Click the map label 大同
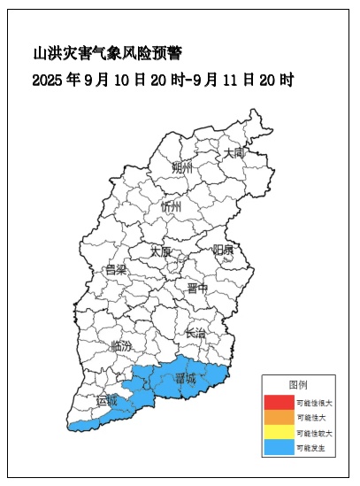tap(234, 152)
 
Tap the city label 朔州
tap(181, 168)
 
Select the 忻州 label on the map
tap(171, 206)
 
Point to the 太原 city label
tap(160, 251)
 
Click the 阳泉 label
tap(223, 251)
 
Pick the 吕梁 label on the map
tap(116, 270)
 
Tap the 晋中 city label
tap(197, 289)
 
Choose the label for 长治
tap(195, 334)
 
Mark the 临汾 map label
tap(123, 346)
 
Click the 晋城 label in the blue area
tap(186, 378)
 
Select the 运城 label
tap(106, 401)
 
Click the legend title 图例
tap(298, 384)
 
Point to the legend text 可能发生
tap(310, 449)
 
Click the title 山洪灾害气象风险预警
tap(107, 54)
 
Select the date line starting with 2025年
tap(162, 80)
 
